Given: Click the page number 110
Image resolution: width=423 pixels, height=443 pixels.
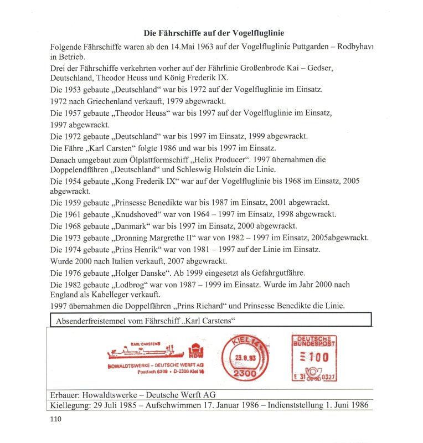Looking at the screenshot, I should pos(56,419).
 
